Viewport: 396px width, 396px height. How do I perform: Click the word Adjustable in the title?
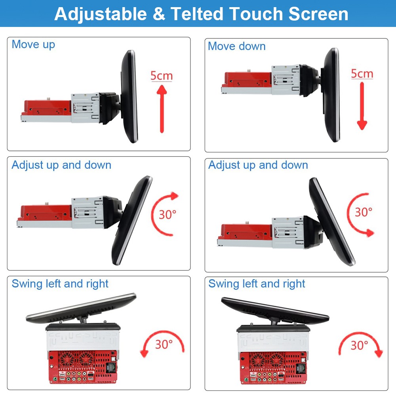pyautogui.click(x=101, y=14)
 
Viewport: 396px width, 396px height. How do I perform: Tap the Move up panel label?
pyautogui.click(x=33, y=45)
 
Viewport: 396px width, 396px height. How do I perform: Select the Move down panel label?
pyautogui.click(x=237, y=46)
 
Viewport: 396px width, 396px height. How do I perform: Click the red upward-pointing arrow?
pyautogui.click(x=162, y=109)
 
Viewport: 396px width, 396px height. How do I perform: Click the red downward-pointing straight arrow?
pyautogui.click(x=362, y=106)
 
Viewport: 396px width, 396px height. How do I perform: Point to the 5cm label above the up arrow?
pyautogui.click(x=162, y=76)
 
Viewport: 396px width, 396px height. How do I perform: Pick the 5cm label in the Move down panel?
pyautogui.click(x=362, y=74)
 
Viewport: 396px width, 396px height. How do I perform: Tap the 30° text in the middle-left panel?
pyautogui.click(x=167, y=214)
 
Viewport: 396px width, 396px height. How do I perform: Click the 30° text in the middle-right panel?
pyautogui.click(x=364, y=212)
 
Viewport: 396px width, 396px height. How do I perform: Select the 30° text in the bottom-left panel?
pyautogui.click(x=164, y=344)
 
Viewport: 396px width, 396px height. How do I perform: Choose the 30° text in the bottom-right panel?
pyautogui.click(x=359, y=345)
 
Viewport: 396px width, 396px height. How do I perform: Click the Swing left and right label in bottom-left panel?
pyautogui.click(x=60, y=284)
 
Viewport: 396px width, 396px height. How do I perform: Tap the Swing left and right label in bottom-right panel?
pyautogui.click(x=257, y=284)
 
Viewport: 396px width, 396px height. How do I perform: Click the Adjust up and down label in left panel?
pyautogui.click(x=61, y=165)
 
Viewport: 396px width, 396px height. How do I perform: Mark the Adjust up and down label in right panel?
pyautogui.click(x=258, y=165)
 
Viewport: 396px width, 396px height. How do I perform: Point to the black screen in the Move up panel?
pyautogui.click(x=129, y=97)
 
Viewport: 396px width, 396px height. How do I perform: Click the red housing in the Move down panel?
pyautogui.click(x=248, y=80)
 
